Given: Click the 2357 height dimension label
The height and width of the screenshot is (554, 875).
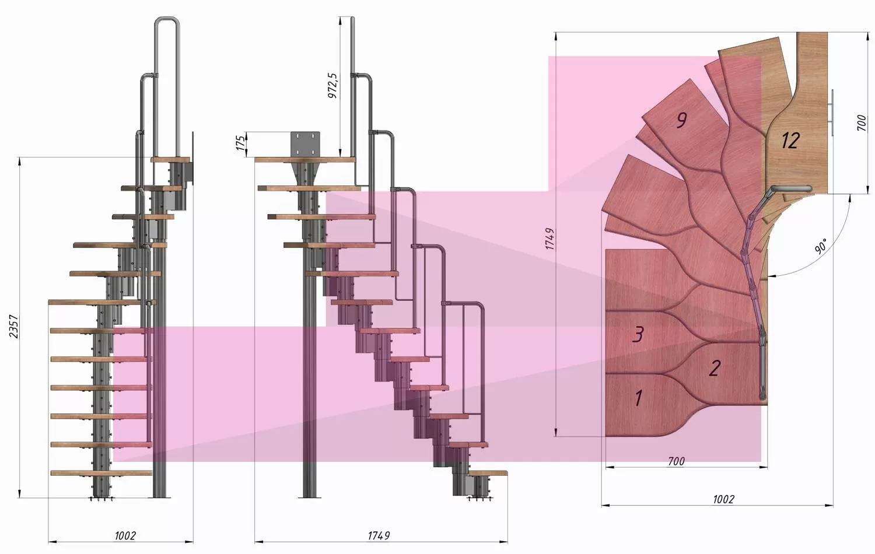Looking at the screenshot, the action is (13, 327).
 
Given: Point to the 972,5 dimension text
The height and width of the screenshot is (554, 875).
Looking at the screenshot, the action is (332, 86).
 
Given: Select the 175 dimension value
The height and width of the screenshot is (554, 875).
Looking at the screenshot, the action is (242, 143).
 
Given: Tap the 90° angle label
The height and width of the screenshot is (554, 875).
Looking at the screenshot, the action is (821, 246).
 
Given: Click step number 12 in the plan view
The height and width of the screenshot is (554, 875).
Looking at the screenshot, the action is (790, 141).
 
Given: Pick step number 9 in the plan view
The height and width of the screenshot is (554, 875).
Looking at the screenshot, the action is (681, 120).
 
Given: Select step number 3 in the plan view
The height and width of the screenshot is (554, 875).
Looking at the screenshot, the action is (638, 334).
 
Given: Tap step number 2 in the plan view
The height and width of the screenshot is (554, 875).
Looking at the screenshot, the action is (715, 368).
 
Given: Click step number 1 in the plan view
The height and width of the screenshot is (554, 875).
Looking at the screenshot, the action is (638, 398).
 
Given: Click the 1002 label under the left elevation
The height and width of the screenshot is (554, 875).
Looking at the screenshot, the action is (125, 535).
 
